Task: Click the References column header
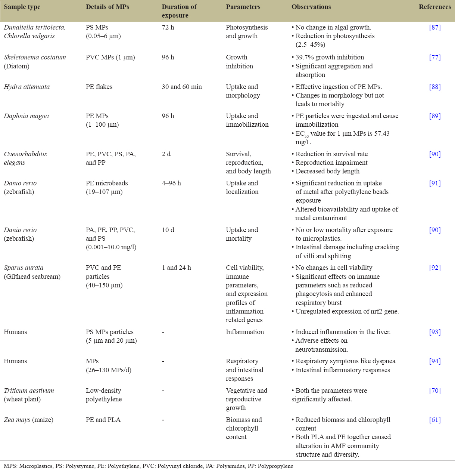[x=434, y=7]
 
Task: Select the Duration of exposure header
[x=179, y=11]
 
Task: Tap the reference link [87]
[x=435, y=28]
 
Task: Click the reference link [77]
[x=435, y=58]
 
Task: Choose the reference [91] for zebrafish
[x=435, y=183]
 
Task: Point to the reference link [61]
[x=435, y=420]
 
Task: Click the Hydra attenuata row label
[x=27, y=87]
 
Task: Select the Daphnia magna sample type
[x=26, y=116]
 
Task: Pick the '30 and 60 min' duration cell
[x=182, y=87]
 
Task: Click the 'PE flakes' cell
[x=99, y=87]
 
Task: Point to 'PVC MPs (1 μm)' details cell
[x=110, y=58]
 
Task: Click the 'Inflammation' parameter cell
[x=245, y=332]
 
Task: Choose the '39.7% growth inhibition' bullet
[x=330, y=58]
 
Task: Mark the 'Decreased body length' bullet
[x=327, y=172]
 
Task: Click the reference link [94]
[x=435, y=361]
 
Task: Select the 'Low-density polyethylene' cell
[x=104, y=395]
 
